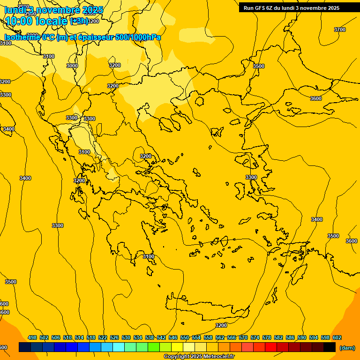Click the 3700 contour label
pos(340,30)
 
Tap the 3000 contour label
pos(72,66)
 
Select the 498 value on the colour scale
pos(32,337)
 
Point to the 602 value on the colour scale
pos(337,337)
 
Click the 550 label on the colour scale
pos(185,337)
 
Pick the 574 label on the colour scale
pos(255,337)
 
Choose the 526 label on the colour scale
pos(114,337)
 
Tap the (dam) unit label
pos(347,348)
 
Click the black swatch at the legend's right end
pos(330,347)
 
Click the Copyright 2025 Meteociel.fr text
pos(199,357)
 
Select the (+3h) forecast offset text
pos(78,21)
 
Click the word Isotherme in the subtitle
pos(22,37)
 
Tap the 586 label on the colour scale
pos(290,337)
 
